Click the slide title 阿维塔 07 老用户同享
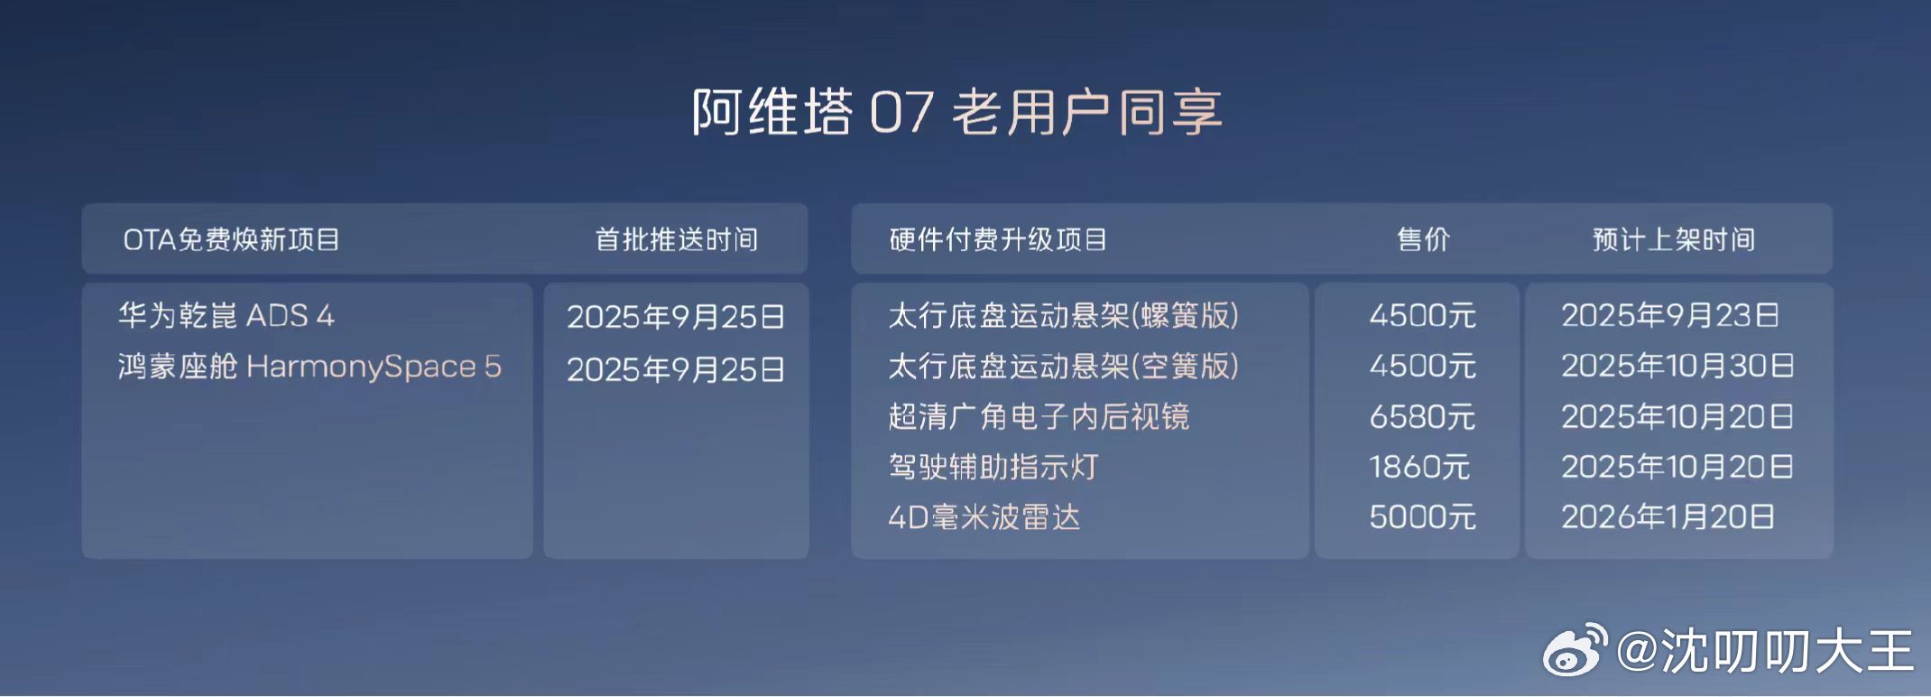tap(956, 112)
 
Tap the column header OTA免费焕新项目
tap(231, 239)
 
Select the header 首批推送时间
tap(676, 239)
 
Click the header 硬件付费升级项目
tap(997, 239)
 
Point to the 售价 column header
tap(1423, 239)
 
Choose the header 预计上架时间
tap(1674, 239)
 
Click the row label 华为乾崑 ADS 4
tap(226, 315)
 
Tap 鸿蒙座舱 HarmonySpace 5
tap(309, 367)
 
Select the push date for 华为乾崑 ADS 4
tap(675, 316)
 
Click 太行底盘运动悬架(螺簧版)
tap(1063, 315)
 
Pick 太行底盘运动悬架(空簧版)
tap(1063, 366)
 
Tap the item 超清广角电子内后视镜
tap(1039, 416)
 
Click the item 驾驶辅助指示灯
tap(993, 467)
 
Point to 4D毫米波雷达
tap(984, 517)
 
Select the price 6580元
tap(1422, 416)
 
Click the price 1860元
tap(1419, 467)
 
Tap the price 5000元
tap(1422, 517)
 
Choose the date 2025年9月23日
tap(1670, 315)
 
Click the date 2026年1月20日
tap(1668, 517)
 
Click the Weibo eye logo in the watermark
tap(1575, 650)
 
